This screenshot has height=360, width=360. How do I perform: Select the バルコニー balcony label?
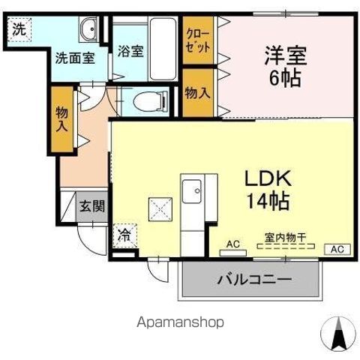pos(254,279)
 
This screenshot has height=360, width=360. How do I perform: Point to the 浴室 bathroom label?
pos(130,52)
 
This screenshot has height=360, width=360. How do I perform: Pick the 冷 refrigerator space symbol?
pos(123,235)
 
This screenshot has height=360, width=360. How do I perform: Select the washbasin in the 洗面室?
pos(88,31)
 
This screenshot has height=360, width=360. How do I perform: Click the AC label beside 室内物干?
pos(232,244)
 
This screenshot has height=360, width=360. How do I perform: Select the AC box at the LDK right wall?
pos(336,248)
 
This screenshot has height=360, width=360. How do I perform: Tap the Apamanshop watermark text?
pos(180,322)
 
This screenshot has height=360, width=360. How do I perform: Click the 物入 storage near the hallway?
pos(62,118)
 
